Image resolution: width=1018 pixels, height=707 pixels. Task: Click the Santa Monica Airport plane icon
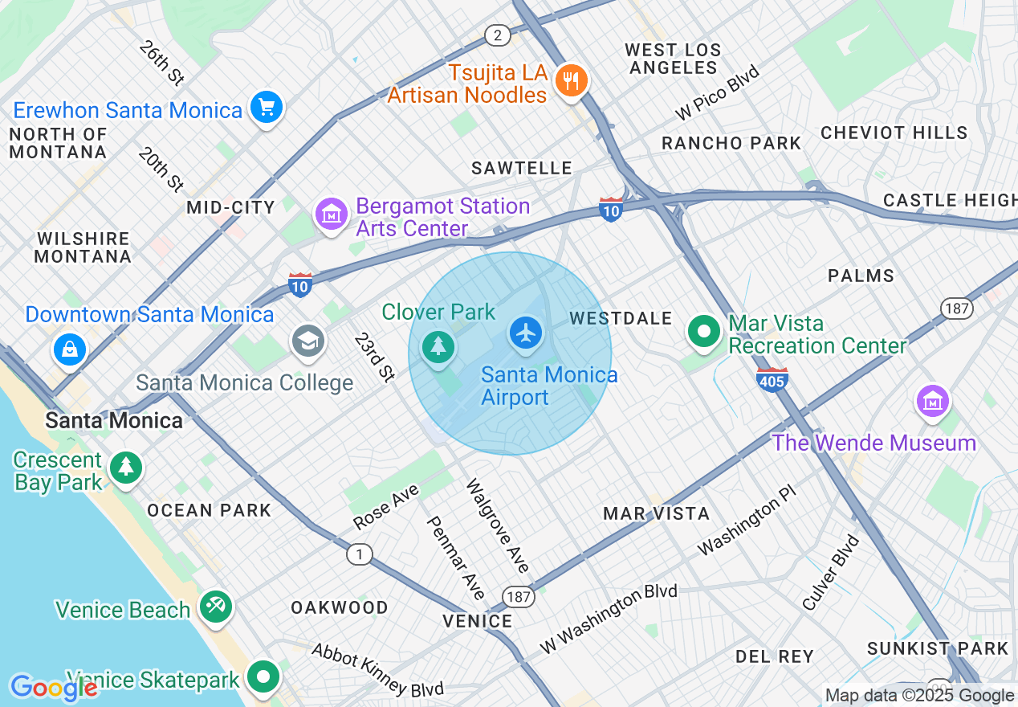click(526, 333)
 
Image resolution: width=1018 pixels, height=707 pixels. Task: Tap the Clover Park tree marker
click(438, 347)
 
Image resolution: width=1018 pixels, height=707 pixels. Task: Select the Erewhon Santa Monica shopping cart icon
click(266, 107)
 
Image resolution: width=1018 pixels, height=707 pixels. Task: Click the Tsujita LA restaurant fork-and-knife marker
click(571, 80)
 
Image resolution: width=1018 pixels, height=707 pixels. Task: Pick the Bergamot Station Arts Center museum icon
click(330, 215)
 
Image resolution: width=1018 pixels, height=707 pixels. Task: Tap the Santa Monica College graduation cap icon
click(307, 341)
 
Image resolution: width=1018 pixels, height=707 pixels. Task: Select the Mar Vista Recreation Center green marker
click(704, 331)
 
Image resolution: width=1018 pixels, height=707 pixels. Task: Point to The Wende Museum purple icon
click(932, 400)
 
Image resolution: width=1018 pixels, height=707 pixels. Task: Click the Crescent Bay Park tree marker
click(125, 467)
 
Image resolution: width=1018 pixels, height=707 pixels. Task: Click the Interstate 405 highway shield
click(772, 378)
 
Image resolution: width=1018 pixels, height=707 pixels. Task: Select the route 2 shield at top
click(498, 35)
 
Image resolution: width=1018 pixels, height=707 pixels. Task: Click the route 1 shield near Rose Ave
click(359, 554)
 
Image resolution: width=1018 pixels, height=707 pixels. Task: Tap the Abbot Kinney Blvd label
click(377, 669)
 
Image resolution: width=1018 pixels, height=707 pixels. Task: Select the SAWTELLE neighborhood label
click(522, 168)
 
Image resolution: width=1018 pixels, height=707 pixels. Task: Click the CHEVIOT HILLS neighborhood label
click(894, 133)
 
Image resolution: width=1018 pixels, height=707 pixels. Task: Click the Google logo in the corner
click(53, 688)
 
